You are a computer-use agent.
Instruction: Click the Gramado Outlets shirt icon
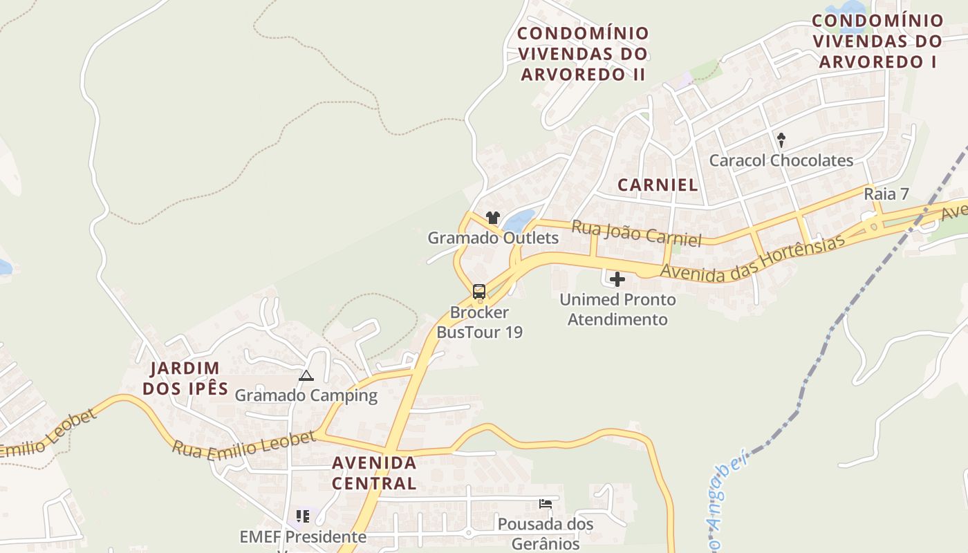[492, 218]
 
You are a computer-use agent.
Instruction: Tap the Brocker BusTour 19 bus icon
[479, 292]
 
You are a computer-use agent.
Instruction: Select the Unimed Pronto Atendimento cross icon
[617, 279]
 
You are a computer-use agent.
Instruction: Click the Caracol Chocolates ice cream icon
[781, 140]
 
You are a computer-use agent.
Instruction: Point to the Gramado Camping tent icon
[306, 376]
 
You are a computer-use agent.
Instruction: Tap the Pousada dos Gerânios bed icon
[546, 504]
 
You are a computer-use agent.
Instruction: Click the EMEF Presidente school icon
[302, 516]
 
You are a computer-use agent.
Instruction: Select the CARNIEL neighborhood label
[658, 185]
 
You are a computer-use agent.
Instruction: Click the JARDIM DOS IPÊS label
[185, 378]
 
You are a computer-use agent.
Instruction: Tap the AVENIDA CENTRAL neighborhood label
[374, 473]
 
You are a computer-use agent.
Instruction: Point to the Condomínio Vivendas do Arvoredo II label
[584, 54]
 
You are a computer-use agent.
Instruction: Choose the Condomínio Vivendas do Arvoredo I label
[877, 41]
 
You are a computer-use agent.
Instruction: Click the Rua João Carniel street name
[636, 233]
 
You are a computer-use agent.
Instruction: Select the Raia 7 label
[886, 194]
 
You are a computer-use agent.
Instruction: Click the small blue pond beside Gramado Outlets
[519, 221]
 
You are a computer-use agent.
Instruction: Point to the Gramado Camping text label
[306, 395]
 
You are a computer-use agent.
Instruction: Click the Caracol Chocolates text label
[781, 160]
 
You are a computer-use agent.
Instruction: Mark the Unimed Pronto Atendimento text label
[617, 310]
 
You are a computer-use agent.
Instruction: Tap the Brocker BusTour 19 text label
[479, 322]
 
